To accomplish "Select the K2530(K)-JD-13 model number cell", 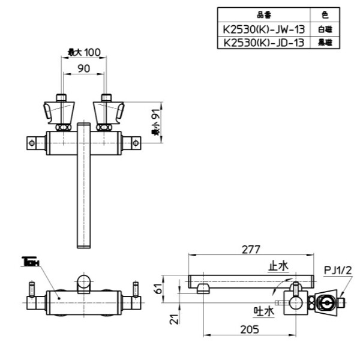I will click(x=263, y=43).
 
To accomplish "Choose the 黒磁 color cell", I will click(x=325, y=43).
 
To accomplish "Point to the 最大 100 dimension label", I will click(x=83, y=53).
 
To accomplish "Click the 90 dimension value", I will click(x=83, y=69).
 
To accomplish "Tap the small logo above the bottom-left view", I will click(x=30, y=262).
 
